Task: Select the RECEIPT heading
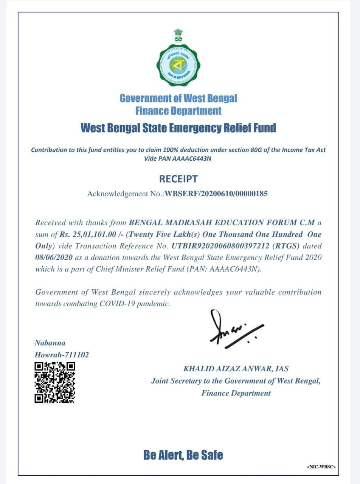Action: tap(178, 178)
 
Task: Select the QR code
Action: tap(55, 382)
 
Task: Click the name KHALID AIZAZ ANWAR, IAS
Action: tap(236, 369)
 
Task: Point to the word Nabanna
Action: tap(50, 343)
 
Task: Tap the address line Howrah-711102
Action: tap(62, 355)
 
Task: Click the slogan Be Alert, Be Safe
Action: tap(183, 455)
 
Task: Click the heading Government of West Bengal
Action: tap(178, 98)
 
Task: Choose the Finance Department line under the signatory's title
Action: tap(236, 393)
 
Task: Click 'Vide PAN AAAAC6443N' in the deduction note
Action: tap(177, 158)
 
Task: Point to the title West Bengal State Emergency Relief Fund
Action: tap(178, 128)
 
